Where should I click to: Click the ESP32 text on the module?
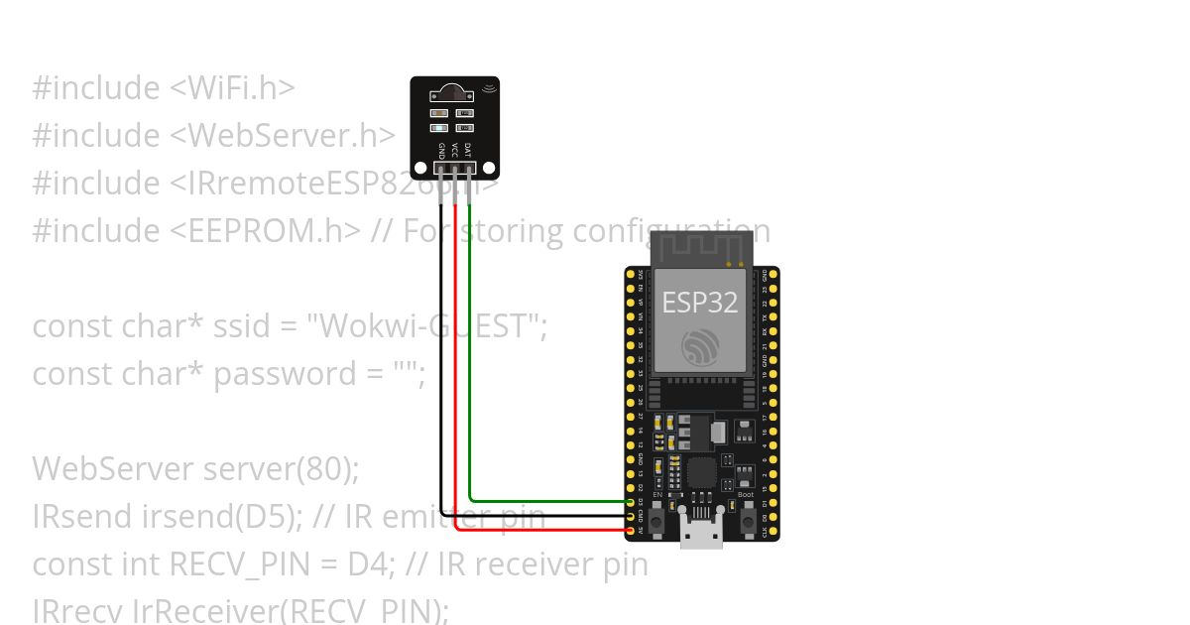(x=700, y=302)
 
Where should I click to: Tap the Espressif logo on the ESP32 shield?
(x=700, y=346)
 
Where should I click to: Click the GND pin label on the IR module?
(x=442, y=150)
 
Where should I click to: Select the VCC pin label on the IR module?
(x=455, y=150)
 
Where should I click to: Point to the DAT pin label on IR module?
(x=468, y=150)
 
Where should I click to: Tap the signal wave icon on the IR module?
(x=488, y=89)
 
